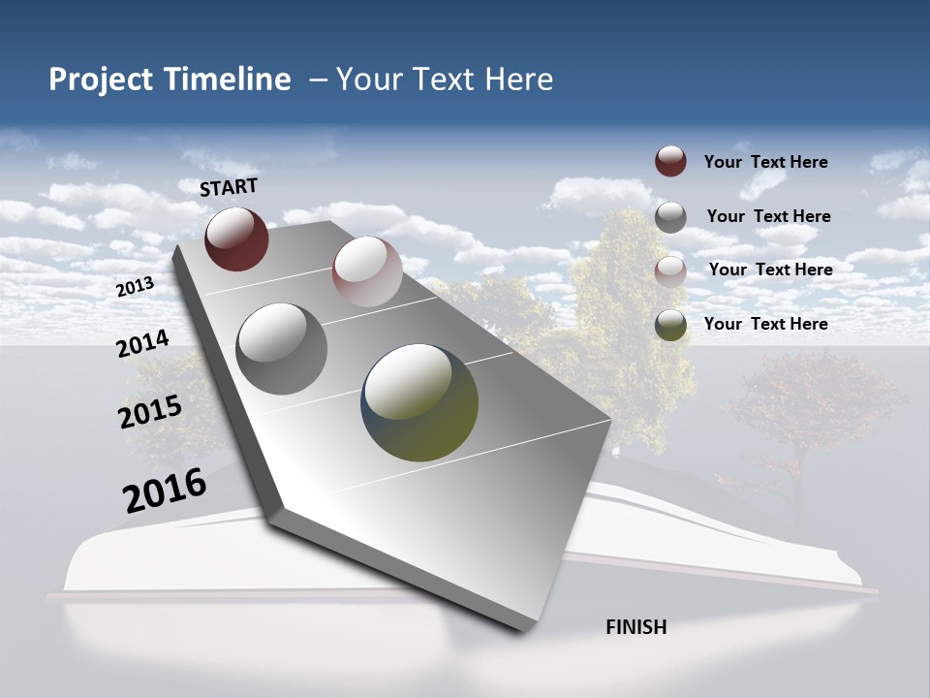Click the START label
[229, 186]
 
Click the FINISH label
[635, 627]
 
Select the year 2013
[135, 287]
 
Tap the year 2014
[142, 344]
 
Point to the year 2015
[150, 412]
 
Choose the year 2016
[165, 491]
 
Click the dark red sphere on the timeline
[236, 238]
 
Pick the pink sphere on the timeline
[367, 271]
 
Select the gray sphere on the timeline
[282, 349]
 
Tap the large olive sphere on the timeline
[419, 402]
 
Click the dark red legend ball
[670, 162]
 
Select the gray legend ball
[670, 216]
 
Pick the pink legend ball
[670, 270]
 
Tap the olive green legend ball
[670, 325]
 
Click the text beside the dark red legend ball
[765, 162]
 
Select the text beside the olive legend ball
[765, 324]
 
